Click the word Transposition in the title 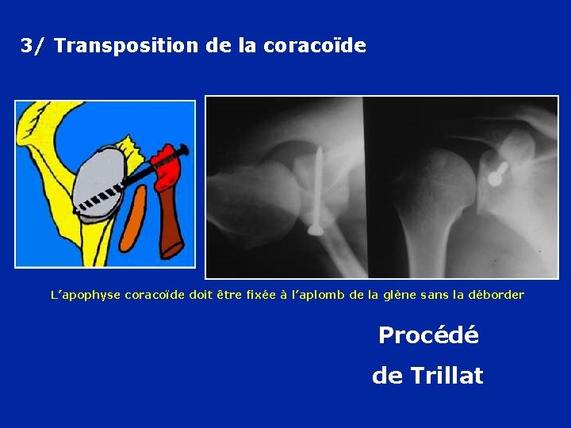pyautogui.click(x=127, y=46)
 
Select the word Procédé pyautogui.click(x=428, y=335)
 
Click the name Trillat pyautogui.click(x=447, y=376)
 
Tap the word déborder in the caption pyautogui.click(x=498, y=295)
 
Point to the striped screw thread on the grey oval pyautogui.click(x=99, y=198)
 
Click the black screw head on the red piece pyautogui.click(x=183, y=149)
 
